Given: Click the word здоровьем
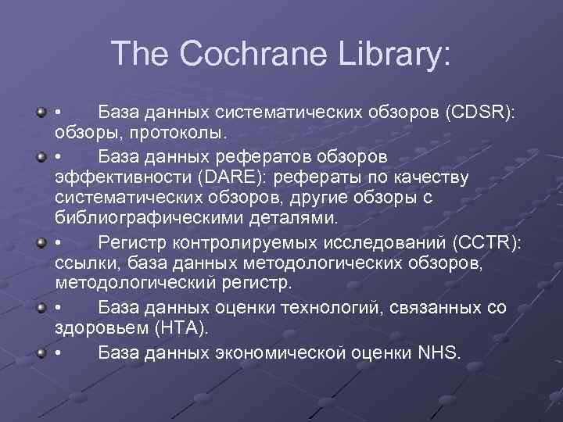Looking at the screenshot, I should pyautogui.click(x=95, y=327).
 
